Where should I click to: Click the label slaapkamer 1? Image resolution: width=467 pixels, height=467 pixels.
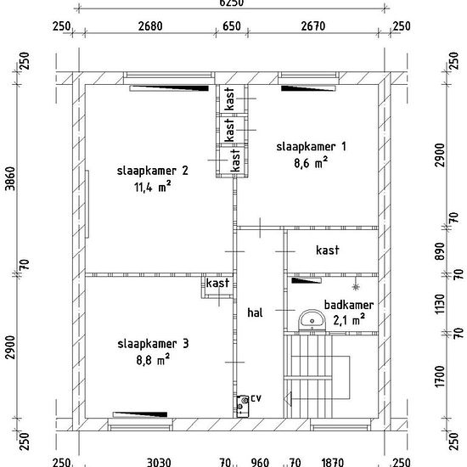point(312,147)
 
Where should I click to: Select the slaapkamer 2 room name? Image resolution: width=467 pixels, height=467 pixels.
point(153,171)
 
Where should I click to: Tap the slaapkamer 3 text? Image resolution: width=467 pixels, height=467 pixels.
point(153,344)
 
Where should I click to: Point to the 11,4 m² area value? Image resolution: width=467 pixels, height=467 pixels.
point(153,188)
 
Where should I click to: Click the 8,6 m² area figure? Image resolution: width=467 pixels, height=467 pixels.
point(311,163)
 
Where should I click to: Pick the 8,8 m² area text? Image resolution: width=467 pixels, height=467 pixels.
point(153,360)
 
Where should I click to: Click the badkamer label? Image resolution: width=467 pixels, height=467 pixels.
point(349,306)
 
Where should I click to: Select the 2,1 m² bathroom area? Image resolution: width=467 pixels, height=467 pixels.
point(349,320)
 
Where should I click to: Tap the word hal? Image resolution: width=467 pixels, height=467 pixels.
point(255,312)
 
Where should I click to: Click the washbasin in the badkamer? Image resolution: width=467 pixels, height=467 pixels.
point(312,321)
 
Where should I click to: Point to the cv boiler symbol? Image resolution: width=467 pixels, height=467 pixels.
point(243,406)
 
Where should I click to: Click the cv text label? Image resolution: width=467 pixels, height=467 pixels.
point(256,398)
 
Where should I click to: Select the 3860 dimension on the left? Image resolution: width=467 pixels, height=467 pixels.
point(10,178)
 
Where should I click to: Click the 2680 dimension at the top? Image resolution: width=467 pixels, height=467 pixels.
point(150,26)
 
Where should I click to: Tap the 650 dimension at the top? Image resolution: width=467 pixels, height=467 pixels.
point(232,26)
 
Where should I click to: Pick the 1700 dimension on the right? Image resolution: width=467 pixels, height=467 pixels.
point(440,377)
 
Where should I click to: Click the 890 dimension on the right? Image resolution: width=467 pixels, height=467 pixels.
point(440,251)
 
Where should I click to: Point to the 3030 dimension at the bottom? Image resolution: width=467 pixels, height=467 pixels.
point(159,463)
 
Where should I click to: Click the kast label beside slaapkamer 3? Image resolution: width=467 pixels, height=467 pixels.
point(217,283)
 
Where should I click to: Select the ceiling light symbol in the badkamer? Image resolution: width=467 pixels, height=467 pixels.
point(356,287)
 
